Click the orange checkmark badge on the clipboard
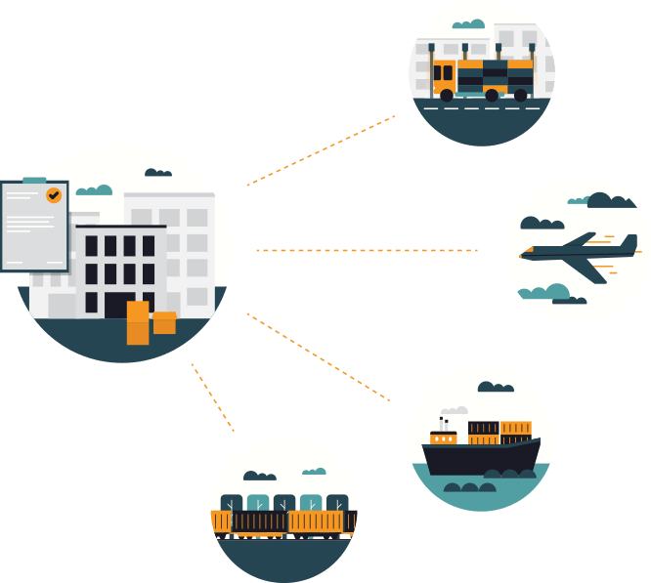coord(54,195)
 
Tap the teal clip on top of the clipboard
coord(33,182)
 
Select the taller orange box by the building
coord(138,323)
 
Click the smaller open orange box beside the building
coord(164,323)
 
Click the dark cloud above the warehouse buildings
coord(157,173)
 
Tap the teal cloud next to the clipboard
coord(94,189)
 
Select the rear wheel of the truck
coord(519,95)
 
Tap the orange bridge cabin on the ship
coord(443,437)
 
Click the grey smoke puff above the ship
coord(454,412)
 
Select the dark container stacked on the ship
coord(483,428)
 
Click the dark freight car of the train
coord(259,523)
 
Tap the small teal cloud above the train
coord(314,472)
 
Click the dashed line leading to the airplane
coord(367,250)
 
